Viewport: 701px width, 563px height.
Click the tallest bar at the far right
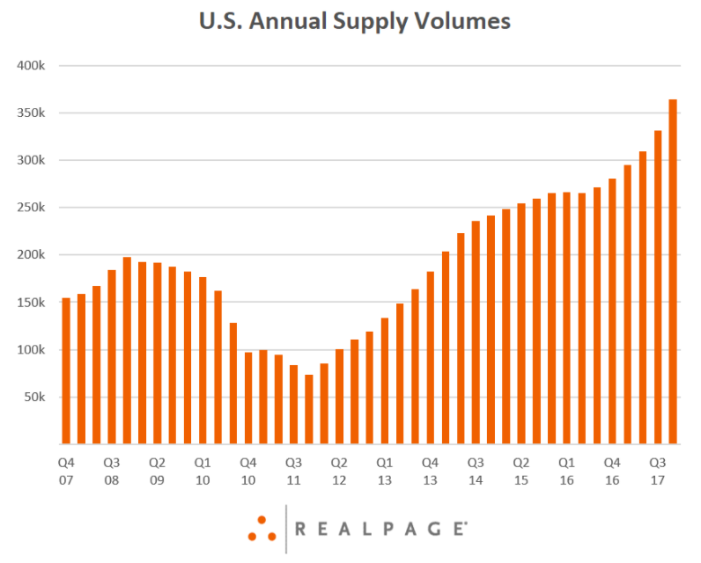tap(673, 272)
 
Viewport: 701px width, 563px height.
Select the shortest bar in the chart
tap(309, 409)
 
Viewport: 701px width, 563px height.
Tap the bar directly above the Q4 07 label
tap(66, 370)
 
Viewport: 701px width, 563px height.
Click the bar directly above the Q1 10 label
tap(203, 361)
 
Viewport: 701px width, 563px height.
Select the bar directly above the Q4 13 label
tap(431, 358)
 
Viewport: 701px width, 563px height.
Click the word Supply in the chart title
tap(369, 22)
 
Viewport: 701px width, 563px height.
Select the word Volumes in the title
tap(460, 21)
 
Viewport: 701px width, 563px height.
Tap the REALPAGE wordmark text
tap(381, 529)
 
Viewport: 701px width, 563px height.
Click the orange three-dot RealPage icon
tap(262, 529)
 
